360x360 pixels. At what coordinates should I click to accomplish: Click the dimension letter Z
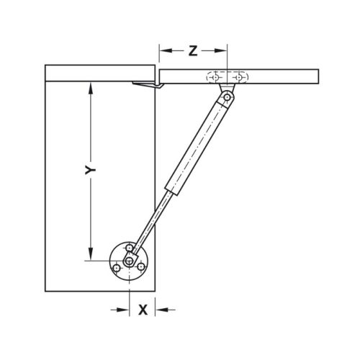click(x=193, y=50)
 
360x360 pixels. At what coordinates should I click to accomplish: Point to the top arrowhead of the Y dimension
click(x=91, y=89)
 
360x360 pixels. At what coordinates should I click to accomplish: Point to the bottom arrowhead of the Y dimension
click(x=91, y=255)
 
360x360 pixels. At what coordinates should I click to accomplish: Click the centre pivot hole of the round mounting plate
click(x=130, y=261)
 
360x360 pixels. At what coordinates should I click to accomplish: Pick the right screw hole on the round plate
click(x=143, y=269)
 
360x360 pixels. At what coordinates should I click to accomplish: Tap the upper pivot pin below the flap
click(x=228, y=96)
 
